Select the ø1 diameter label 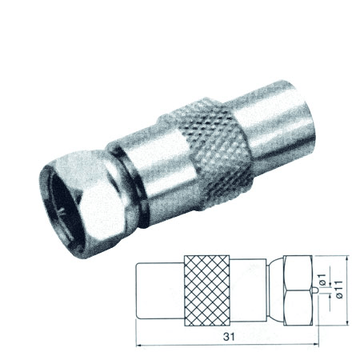pos(322,279)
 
